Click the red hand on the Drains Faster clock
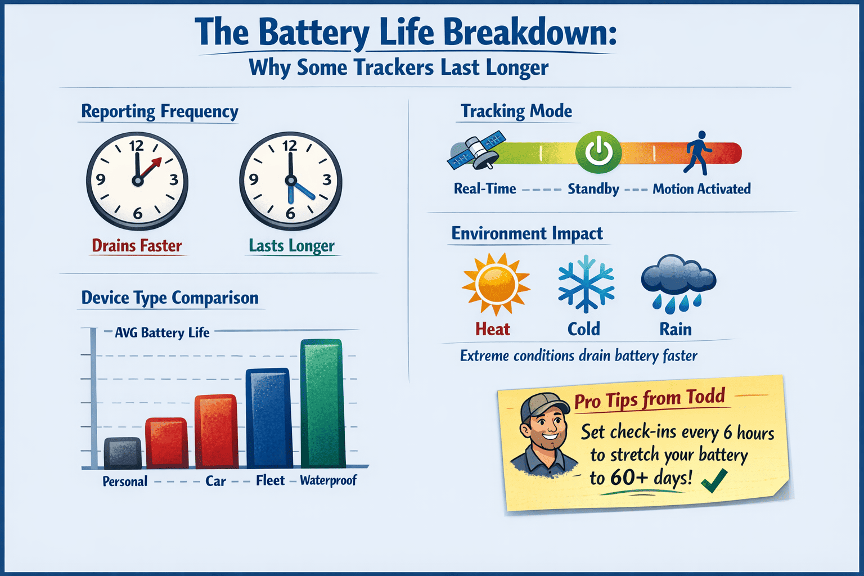(x=151, y=167)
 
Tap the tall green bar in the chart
(x=322, y=404)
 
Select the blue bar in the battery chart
(x=269, y=418)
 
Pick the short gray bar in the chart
(x=123, y=453)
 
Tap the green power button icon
(x=598, y=152)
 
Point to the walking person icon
(x=697, y=152)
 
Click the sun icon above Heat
(x=496, y=284)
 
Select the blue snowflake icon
(x=586, y=283)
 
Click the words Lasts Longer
(x=291, y=246)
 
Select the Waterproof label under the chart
(x=328, y=480)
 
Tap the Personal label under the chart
(x=125, y=481)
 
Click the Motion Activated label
(x=701, y=189)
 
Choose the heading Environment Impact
(x=527, y=233)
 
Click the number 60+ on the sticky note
(x=629, y=478)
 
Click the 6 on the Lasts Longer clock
(x=290, y=213)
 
